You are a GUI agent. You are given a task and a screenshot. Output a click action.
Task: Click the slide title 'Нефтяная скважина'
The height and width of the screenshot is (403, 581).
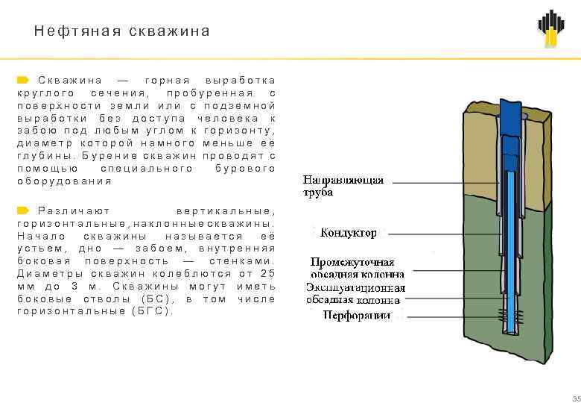(x=122, y=32)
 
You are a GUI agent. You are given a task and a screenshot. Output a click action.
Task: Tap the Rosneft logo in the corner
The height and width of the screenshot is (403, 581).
(x=551, y=29)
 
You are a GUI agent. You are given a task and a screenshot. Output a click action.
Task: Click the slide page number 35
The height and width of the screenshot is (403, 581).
(x=574, y=397)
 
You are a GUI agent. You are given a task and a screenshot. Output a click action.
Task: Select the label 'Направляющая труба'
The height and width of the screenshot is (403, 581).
(x=343, y=186)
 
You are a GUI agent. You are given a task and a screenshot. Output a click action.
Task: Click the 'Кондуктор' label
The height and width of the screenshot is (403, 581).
(x=348, y=234)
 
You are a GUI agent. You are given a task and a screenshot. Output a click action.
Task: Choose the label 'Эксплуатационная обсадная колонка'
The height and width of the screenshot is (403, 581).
(x=356, y=293)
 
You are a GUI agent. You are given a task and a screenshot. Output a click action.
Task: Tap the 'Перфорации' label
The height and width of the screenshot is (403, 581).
(x=356, y=316)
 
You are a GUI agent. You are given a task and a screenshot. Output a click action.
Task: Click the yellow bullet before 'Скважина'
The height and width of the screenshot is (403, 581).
(x=23, y=80)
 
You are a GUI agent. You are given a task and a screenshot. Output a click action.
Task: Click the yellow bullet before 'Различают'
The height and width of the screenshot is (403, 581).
(x=23, y=210)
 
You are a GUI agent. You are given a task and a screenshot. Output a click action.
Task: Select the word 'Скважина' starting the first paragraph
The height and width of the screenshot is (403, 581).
(x=70, y=81)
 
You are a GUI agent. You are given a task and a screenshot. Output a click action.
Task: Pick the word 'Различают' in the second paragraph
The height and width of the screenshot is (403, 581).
(x=74, y=211)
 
